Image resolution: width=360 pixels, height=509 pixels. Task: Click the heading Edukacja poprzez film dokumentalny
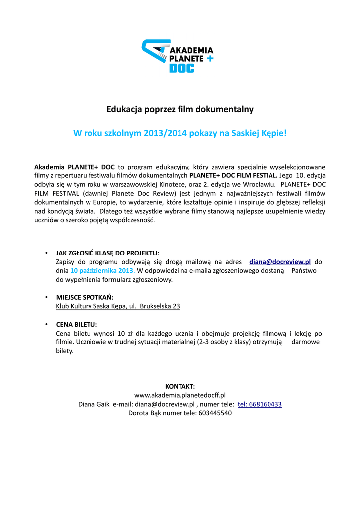[180, 109]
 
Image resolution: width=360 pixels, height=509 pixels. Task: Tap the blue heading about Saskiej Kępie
[180, 133]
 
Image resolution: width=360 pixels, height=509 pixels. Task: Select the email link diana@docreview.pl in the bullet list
[280, 261]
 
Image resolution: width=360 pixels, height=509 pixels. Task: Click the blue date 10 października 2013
[102, 271]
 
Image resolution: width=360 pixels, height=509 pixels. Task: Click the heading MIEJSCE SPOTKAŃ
[85, 297]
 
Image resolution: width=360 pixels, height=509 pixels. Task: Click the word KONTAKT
[180, 386]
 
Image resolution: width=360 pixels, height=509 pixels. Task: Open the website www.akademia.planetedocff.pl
[180, 395]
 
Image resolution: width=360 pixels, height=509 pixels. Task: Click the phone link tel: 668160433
[260, 404]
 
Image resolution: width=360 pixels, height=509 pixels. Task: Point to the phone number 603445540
[215, 413]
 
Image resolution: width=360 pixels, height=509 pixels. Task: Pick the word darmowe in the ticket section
[306, 342]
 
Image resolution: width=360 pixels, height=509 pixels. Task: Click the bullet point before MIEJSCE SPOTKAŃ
[46, 297]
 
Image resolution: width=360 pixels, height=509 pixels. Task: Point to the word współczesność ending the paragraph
[130, 220]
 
